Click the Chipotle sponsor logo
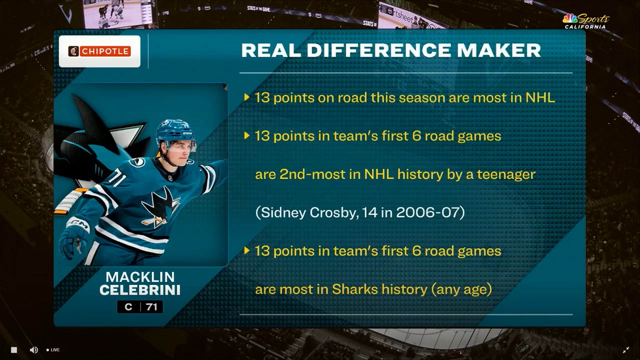coord(99,51)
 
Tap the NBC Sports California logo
coord(586,21)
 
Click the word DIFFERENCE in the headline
coord(379,50)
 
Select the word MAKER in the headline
coord(499,50)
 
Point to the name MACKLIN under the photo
coord(140,277)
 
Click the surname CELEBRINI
coord(140,290)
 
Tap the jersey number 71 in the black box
coord(151,307)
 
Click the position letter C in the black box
coord(128,307)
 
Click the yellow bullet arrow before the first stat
coord(247,97)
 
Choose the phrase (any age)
coord(462,289)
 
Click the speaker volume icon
coord(34,350)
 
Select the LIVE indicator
coord(53,350)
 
